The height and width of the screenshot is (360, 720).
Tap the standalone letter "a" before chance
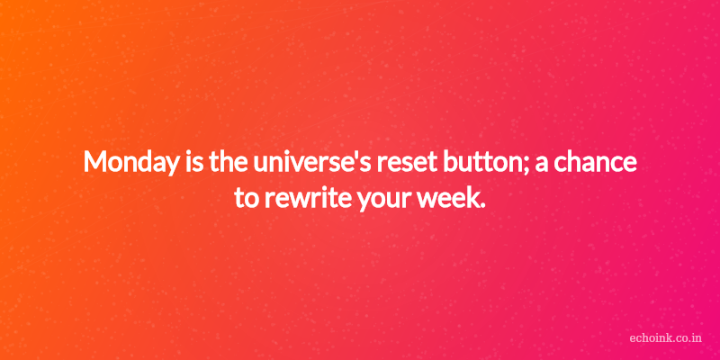[542, 166]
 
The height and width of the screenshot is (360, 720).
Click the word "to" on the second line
[246, 199]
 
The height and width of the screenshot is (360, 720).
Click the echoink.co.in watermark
[666, 338]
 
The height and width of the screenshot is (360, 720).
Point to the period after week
[482, 206]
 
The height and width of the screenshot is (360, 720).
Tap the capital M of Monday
[95, 163]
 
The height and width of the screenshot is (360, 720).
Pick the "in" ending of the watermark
[697, 338]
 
